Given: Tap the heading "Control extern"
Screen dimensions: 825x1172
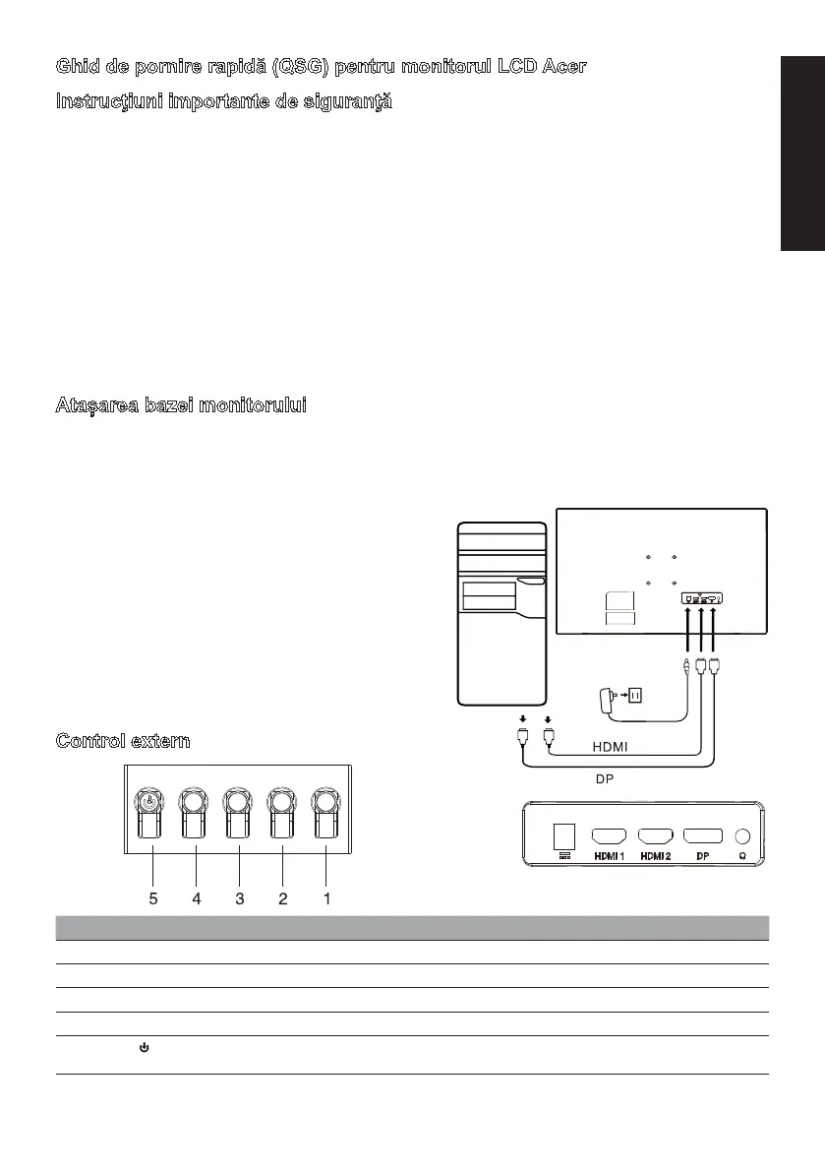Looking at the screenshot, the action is pos(123,741).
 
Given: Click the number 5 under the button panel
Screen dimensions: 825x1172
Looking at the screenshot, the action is pos(152,898).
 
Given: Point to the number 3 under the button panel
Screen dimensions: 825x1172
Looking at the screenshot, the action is pos(239,898).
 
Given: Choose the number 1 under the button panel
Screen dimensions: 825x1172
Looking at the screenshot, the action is pos(326,898).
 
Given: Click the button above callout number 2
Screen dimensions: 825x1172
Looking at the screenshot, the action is pos(282,809).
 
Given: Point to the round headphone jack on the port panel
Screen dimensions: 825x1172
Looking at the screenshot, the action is pos(743,836).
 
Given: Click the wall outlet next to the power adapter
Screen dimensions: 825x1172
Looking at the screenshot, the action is pos(635,695).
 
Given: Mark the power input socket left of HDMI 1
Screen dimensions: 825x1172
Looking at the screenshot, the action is pos(564,836).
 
